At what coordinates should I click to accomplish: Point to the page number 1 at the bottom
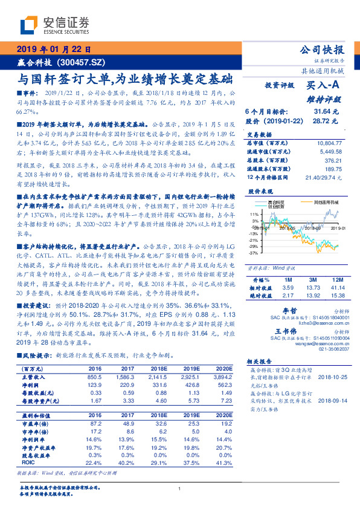(180, 489)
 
